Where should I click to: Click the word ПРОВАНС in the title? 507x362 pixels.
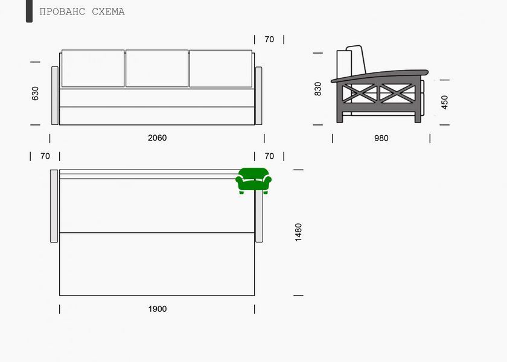coord(62,11)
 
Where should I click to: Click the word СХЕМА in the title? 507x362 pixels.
coord(108,11)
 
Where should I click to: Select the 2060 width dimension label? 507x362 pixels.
coord(157,138)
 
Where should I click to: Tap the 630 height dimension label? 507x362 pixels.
coord(35,94)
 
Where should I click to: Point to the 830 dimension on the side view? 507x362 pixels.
coord(318,89)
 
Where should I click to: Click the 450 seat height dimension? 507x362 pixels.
coord(445,102)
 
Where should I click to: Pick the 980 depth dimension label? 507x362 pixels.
coord(381,138)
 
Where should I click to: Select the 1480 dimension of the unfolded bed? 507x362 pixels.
coord(298,232)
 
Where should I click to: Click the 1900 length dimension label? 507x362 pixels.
coord(158,309)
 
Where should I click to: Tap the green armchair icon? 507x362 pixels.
coord(253,181)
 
